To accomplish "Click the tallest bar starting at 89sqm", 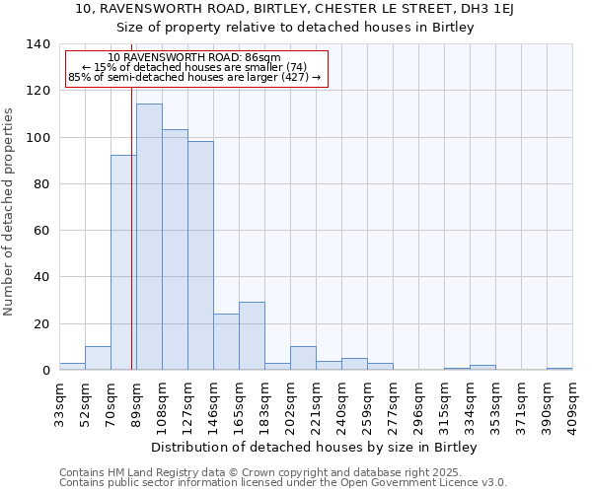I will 149,237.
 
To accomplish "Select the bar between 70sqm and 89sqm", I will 123,262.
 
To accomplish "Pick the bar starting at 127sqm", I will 200,255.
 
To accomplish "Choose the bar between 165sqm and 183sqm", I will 252,336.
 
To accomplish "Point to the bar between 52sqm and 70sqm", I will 98,359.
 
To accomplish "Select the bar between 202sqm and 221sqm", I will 303,359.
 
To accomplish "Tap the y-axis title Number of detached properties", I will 9,211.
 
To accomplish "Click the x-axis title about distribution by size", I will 316,448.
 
